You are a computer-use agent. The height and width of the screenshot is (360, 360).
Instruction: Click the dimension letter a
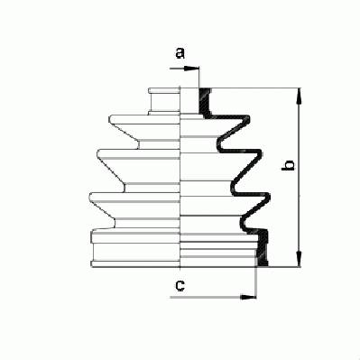point(180,53)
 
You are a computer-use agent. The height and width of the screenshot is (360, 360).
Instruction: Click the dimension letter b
point(289,165)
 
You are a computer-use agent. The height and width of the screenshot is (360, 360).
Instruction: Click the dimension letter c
point(180,285)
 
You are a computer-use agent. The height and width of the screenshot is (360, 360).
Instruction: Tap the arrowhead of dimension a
point(192,69)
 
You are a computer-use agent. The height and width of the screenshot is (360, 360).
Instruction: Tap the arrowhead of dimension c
point(248,297)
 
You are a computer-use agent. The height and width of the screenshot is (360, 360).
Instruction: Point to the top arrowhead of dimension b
point(299,96)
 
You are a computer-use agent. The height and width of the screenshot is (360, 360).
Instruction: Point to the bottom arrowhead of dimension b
point(299,259)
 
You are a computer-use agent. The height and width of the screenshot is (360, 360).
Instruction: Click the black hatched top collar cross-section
point(206,102)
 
